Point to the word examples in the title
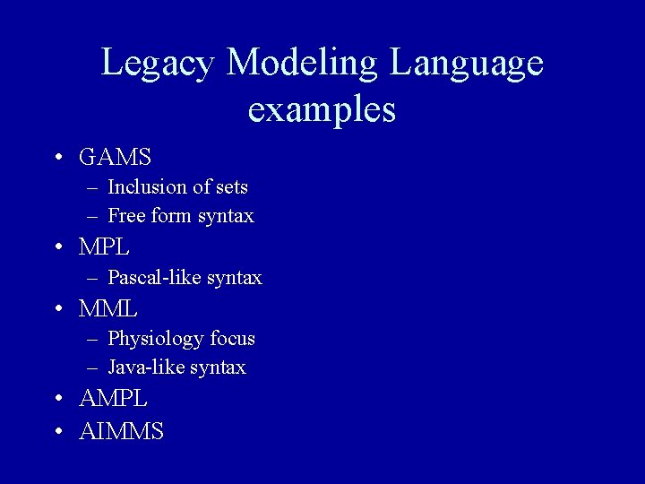[x=322, y=109]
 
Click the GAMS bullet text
[x=115, y=158]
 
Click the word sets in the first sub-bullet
[x=232, y=187]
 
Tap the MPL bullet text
[x=104, y=246]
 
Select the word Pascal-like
[x=154, y=278]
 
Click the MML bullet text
[x=107, y=308]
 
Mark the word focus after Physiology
[x=233, y=339]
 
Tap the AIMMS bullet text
[x=121, y=431]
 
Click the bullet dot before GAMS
[x=57, y=158]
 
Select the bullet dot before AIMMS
[x=57, y=431]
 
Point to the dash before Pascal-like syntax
[x=93, y=278]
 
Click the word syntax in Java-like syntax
[x=219, y=367]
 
